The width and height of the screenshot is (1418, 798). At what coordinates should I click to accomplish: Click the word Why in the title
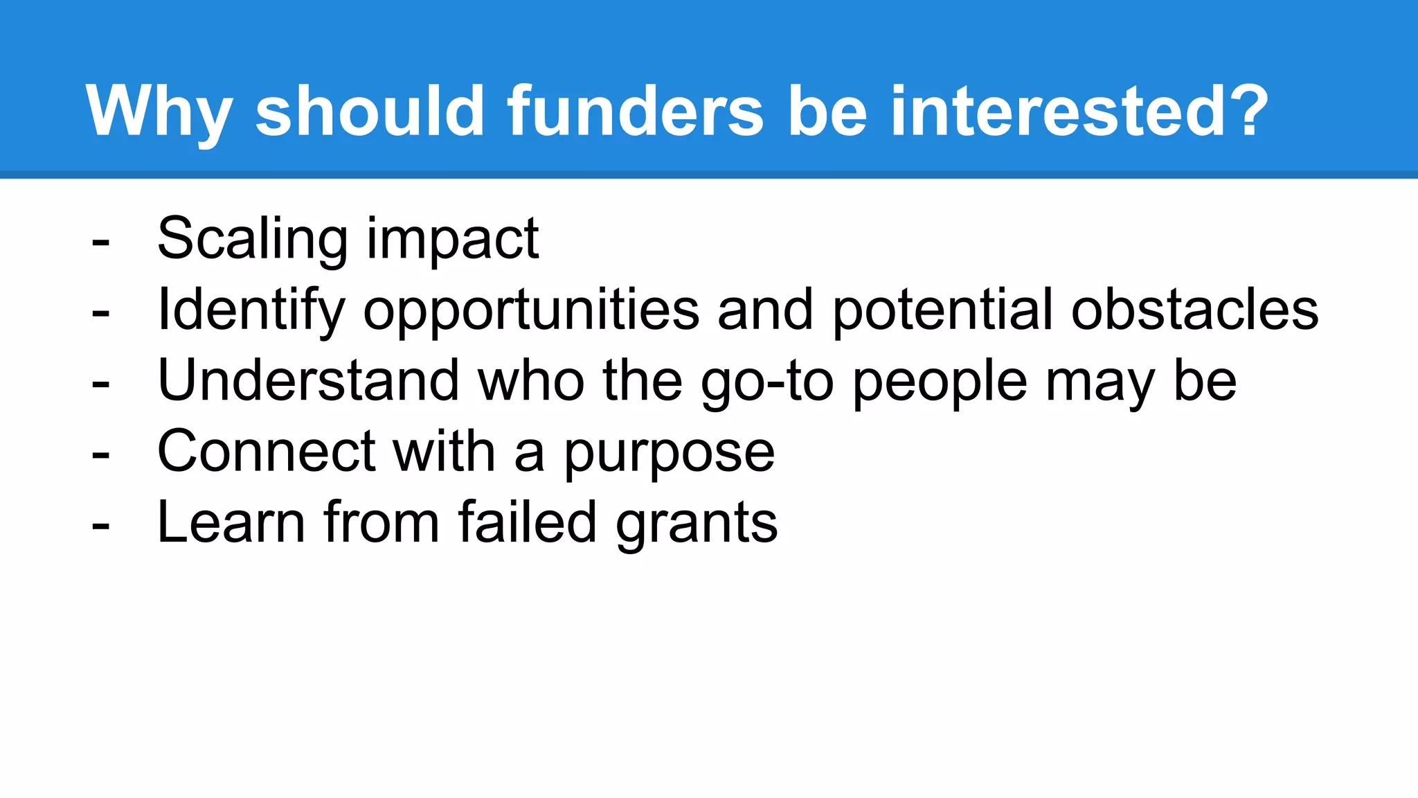159,112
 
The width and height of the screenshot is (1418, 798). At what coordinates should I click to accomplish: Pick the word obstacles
1194,310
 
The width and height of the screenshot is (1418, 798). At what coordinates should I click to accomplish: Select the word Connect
267,452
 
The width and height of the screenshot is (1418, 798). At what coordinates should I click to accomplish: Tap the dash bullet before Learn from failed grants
100,526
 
